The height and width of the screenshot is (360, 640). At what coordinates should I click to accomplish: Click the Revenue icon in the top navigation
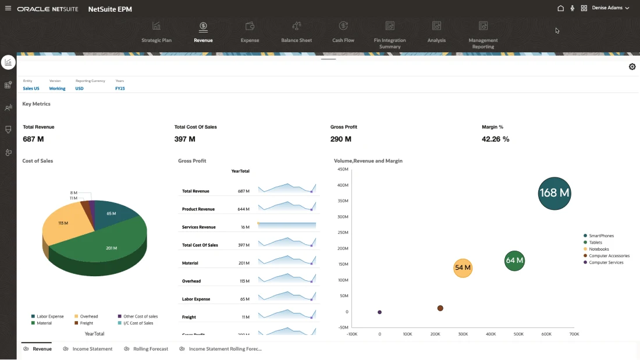(203, 26)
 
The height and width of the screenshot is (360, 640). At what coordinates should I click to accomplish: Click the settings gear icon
(632, 67)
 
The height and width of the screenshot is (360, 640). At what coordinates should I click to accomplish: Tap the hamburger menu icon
(8, 8)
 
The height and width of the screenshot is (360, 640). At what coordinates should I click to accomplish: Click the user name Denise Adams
(607, 8)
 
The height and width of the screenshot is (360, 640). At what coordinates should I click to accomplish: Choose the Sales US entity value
(31, 88)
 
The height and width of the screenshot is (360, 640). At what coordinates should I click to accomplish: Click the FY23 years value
(120, 88)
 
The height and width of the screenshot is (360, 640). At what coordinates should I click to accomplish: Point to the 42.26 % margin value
(495, 139)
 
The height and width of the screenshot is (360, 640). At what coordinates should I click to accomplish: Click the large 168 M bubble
(554, 193)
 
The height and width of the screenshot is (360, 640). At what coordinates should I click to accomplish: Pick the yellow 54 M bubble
(463, 268)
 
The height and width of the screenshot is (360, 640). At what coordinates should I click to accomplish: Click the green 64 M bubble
(514, 261)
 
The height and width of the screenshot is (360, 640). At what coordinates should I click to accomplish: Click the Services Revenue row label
(198, 227)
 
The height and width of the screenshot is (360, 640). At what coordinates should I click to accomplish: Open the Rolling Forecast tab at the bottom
(150, 349)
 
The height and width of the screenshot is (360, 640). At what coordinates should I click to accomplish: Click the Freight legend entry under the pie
(86, 323)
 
